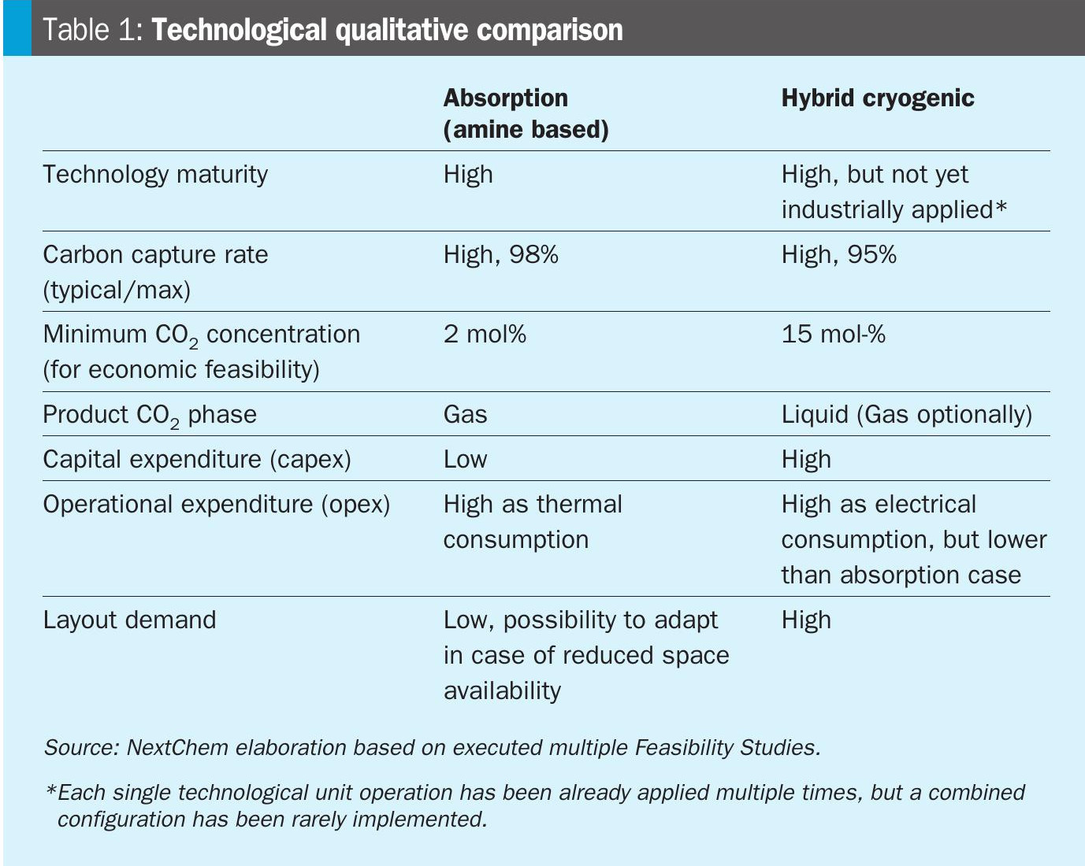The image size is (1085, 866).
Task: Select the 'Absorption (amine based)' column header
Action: (526, 113)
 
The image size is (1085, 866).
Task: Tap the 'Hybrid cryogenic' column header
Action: (878, 98)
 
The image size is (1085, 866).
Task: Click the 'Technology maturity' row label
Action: (155, 174)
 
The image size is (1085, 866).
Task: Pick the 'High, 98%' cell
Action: (500, 254)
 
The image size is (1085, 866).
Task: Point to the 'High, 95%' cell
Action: (838, 254)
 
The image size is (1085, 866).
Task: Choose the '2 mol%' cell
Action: (485, 334)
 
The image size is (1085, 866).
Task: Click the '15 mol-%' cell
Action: (834, 334)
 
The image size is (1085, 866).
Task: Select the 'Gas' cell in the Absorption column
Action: (465, 414)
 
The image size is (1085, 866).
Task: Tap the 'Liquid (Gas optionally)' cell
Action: (906, 414)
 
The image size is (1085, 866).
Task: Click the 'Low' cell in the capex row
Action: (465, 459)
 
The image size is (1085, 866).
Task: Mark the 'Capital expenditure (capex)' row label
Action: (197, 459)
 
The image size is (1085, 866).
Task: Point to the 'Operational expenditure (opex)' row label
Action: (217, 504)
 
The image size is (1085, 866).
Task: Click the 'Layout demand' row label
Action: (129, 620)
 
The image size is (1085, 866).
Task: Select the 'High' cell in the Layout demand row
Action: (806, 620)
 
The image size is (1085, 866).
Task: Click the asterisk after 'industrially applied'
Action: (1001, 207)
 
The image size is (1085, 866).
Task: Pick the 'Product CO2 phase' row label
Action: (150, 415)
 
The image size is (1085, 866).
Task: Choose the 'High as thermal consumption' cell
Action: (533, 521)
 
